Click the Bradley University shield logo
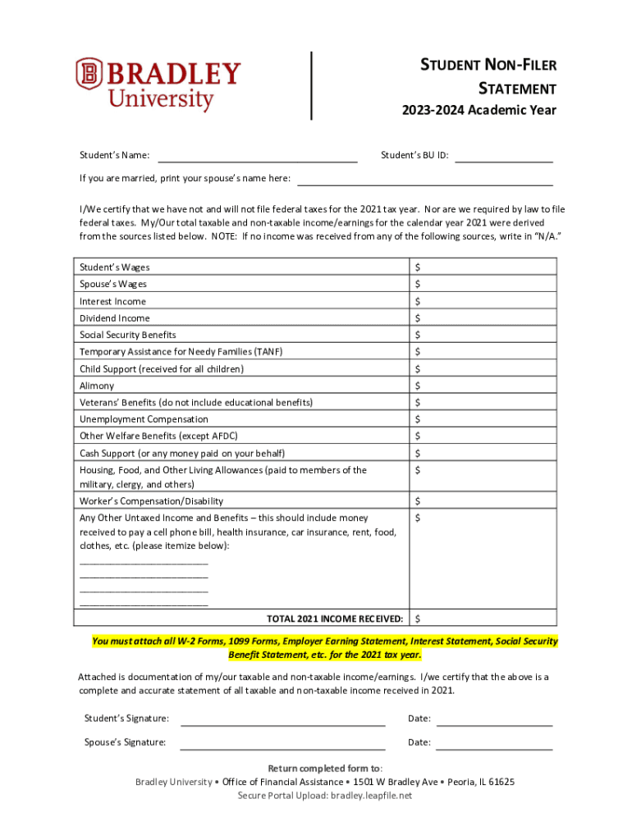(x=89, y=74)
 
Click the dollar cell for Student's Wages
(x=483, y=267)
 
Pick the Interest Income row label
(x=112, y=301)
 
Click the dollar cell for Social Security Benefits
(x=483, y=335)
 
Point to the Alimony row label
(x=97, y=386)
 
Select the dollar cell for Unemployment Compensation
(x=483, y=419)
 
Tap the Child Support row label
(x=161, y=369)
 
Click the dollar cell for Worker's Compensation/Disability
(x=483, y=500)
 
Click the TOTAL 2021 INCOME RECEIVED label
(x=335, y=618)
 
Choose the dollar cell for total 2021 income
(x=483, y=618)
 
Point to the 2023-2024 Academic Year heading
(x=479, y=110)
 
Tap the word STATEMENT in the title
(x=517, y=88)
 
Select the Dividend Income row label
(x=114, y=317)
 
